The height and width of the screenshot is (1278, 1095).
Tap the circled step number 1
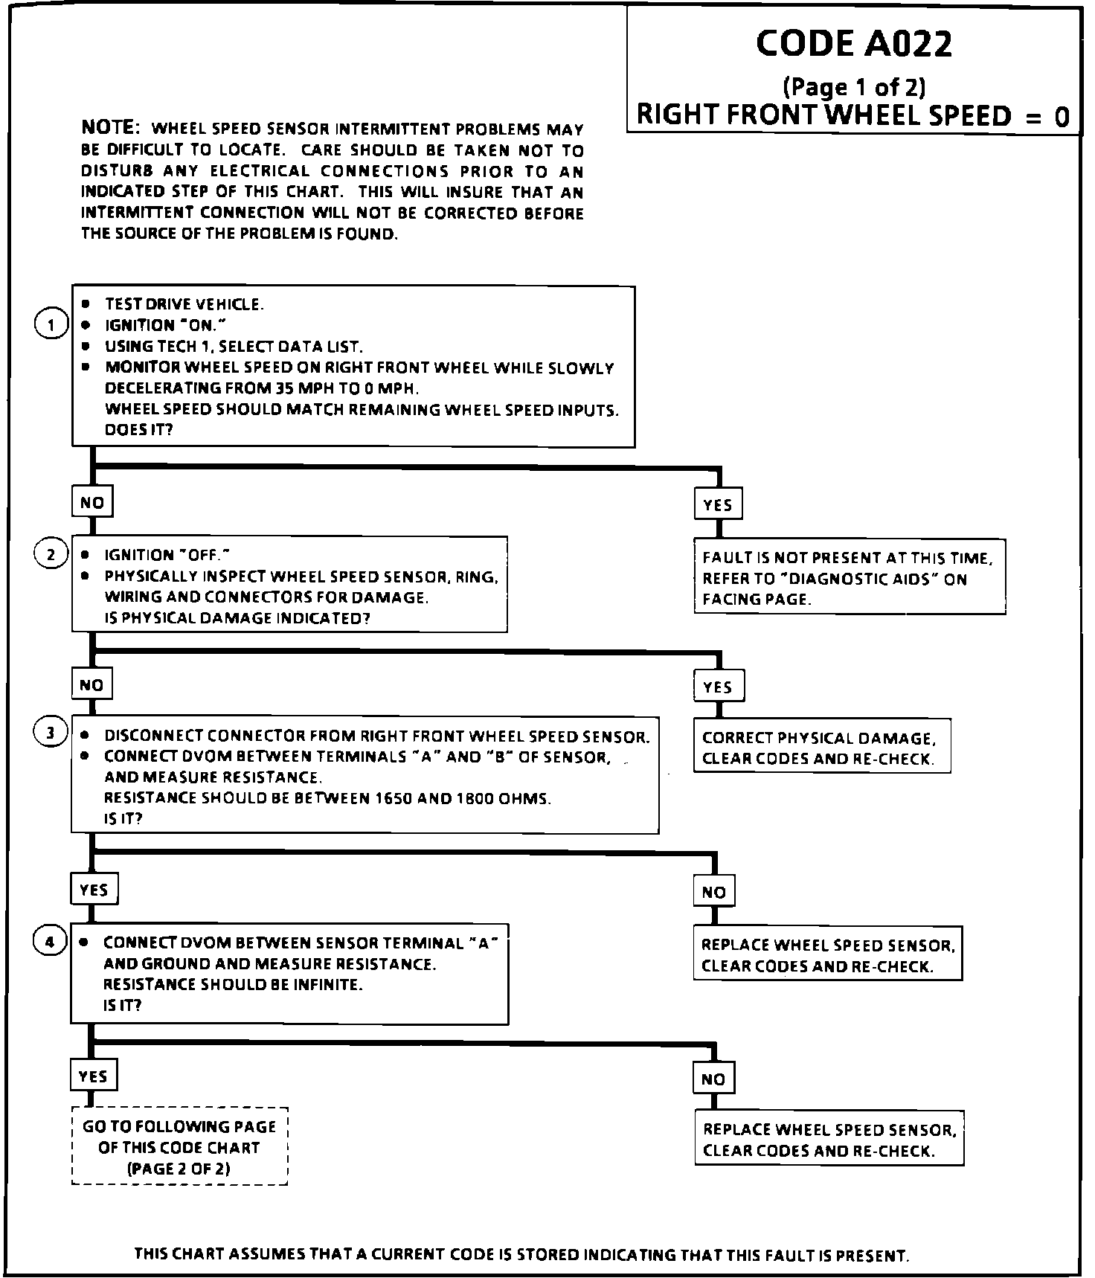[x=51, y=325]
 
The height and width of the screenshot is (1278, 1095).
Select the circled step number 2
[x=51, y=554]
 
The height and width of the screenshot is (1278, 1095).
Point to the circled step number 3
[x=51, y=733]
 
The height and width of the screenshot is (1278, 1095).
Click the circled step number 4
[x=50, y=942]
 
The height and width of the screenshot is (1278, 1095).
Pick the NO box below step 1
[x=92, y=503]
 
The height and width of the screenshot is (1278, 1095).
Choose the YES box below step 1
[x=718, y=505]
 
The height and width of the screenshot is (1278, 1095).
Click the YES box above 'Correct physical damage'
[x=719, y=687]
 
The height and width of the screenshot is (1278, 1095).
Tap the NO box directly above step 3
[x=91, y=685]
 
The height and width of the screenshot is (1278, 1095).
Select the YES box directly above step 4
[x=94, y=890]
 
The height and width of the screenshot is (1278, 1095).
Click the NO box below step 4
[x=713, y=1079]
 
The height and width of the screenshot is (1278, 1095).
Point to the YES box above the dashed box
[x=93, y=1076]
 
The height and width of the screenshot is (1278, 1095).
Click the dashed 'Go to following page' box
[x=179, y=1147]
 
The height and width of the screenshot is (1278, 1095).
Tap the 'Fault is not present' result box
[x=849, y=578]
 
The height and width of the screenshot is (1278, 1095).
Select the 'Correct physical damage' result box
[x=821, y=748]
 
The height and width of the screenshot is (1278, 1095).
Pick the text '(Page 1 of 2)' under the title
[x=854, y=88]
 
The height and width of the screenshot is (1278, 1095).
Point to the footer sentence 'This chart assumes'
[x=521, y=1256]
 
